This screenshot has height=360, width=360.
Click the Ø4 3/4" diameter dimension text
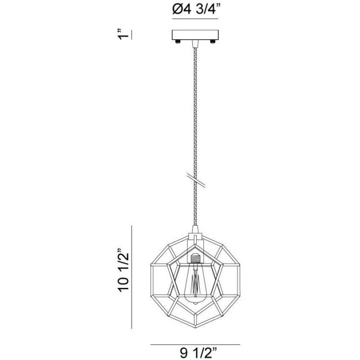(195, 9)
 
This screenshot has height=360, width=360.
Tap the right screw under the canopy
(212, 42)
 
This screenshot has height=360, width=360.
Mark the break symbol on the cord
(195, 180)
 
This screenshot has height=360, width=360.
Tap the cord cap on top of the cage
(195, 230)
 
